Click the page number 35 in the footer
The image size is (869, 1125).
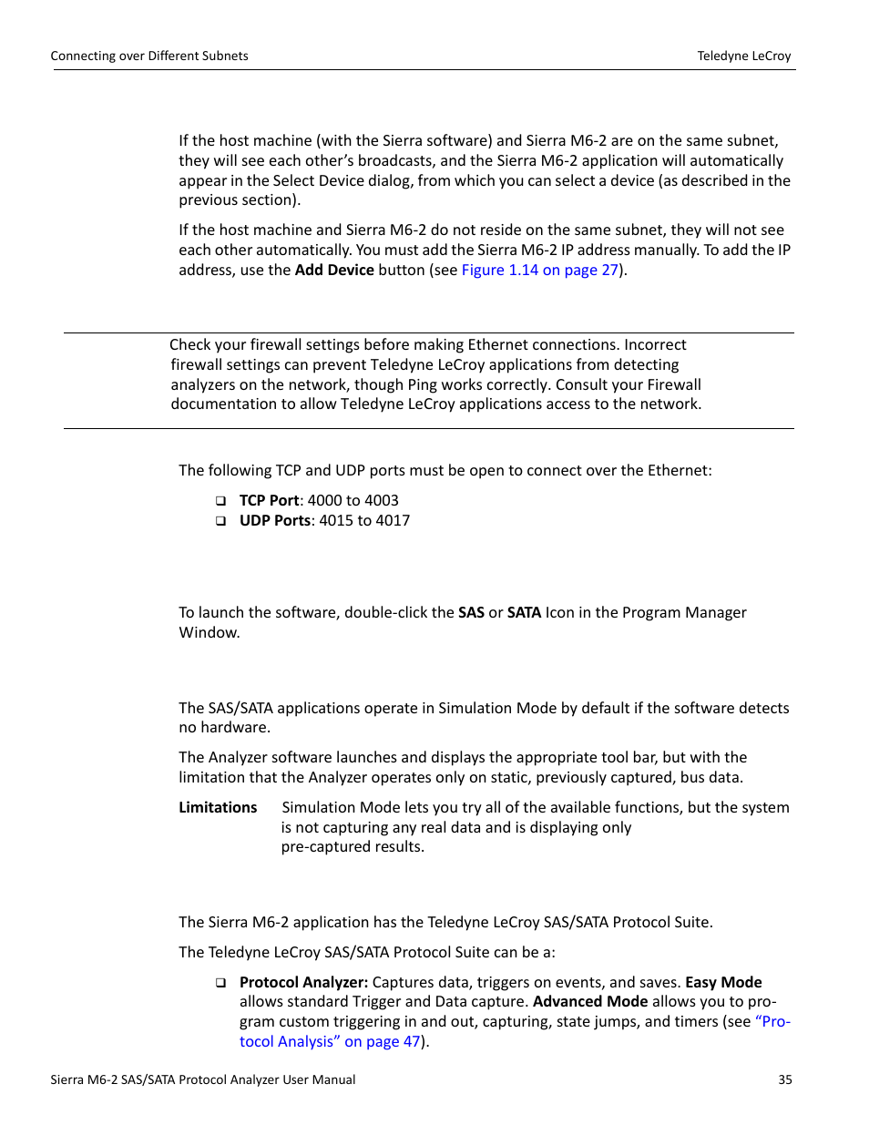pos(784,1079)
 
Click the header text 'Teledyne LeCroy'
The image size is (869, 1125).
pos(743,56)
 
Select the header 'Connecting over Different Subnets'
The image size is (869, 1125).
pos(149,56)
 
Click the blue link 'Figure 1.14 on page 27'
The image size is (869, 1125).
pos(539,270)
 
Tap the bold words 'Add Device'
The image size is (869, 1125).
pos(334,270)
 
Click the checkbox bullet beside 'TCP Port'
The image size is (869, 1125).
pos(220,501)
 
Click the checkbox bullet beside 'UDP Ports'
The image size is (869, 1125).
pos(220,521)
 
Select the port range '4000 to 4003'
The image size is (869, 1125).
pos(353,500)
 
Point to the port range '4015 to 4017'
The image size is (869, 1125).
pos(364,520)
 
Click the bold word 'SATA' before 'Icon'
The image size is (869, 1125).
pos(524,612)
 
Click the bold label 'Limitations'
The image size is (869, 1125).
pos(218,807)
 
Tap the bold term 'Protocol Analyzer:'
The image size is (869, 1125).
pos(303,982)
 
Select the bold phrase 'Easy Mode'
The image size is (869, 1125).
pos(723,982)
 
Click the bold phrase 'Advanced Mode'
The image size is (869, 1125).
pos(590,1001)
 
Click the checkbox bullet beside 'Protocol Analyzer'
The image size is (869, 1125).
pos(220,983)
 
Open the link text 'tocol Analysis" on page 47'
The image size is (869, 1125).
pos(329,1041)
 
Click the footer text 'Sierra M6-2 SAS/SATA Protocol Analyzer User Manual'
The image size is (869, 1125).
pos(203,1079)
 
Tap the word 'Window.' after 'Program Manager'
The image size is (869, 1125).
pos(210,632)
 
